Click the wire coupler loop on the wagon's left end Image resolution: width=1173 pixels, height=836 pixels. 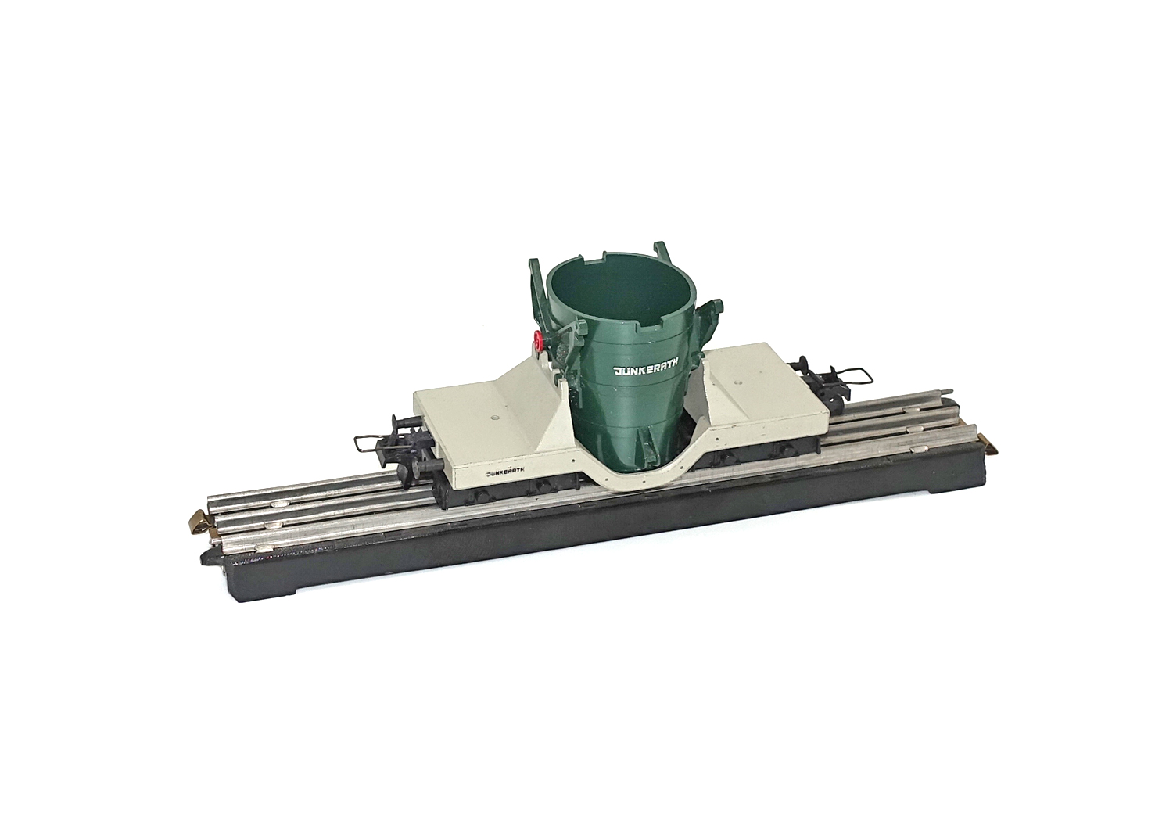click(x=368, y=443)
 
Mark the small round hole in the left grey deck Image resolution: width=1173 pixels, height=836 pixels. click(x=495, y=418)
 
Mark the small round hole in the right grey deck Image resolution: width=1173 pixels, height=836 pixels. click(x=738, y=382)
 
